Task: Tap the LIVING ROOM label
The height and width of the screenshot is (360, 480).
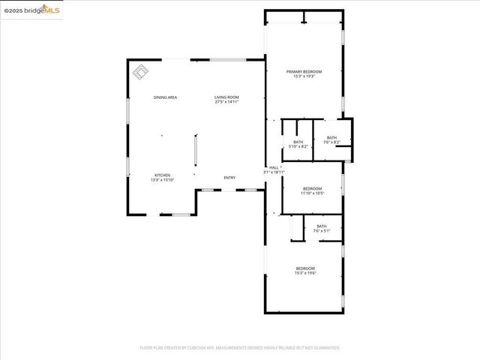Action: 226,97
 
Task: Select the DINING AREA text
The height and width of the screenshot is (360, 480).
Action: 165,97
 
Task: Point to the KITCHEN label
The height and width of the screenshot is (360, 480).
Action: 163,175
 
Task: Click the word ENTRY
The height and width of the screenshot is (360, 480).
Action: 229,178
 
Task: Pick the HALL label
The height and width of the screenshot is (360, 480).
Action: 274,167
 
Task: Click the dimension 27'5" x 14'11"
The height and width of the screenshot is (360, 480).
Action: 226,102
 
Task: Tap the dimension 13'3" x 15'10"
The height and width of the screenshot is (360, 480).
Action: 163,180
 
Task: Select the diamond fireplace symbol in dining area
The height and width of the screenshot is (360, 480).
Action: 140,72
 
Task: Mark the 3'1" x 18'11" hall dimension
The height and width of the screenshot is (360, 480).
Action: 274,172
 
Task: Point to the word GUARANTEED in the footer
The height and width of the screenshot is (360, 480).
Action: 327,348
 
